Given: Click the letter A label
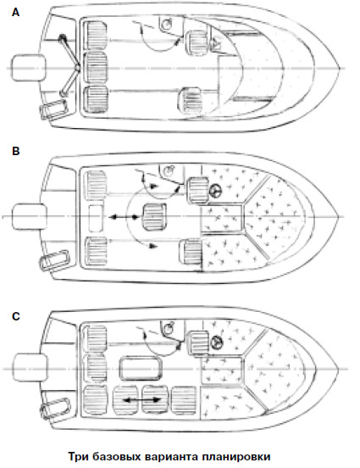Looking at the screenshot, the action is coord(16,12).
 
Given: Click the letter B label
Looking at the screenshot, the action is coord(16,151).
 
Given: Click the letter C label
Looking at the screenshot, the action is coord(16,316).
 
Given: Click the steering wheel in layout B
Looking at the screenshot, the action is coord(215,191).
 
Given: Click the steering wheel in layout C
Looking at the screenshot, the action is coord(216,343).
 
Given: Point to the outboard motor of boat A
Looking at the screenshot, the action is coord(28,68).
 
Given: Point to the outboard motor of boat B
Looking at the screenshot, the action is coord(30,216).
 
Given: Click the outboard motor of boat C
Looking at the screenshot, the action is coord(30,367).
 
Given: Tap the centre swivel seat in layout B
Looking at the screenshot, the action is coord(154,217).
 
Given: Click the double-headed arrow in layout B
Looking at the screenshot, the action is coord(124,217).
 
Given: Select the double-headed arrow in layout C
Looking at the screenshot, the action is coord(142,400).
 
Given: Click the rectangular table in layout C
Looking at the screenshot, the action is coord(141,369).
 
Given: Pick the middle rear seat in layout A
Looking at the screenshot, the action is coord(95,68).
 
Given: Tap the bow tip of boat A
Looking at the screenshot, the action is coord(340,68).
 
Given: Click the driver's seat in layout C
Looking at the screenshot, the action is coord(197,343).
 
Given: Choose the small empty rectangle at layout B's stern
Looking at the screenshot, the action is coord(96,218).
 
